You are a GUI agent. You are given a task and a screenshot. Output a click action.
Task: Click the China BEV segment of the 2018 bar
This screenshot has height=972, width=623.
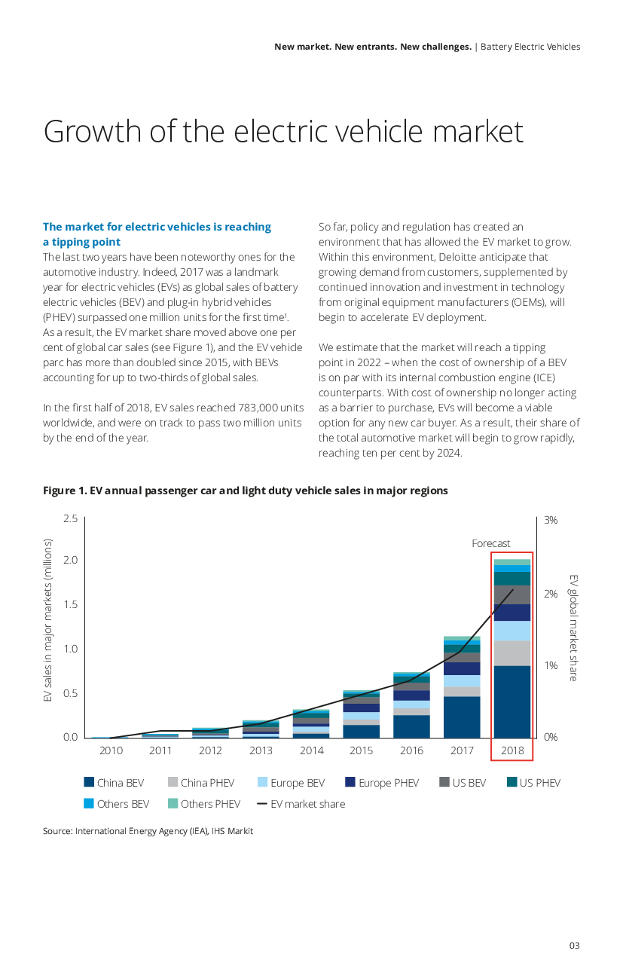pos(512,701)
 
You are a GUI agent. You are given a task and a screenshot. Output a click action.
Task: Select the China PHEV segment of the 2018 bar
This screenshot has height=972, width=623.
pos(512,653)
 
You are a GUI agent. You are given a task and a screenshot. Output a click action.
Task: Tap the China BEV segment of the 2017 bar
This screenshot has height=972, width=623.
pos(462,717)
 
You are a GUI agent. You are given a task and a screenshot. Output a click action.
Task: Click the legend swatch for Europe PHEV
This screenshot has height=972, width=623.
pos(350,783)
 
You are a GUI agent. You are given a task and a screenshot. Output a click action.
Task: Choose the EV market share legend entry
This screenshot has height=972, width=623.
pos(301,804)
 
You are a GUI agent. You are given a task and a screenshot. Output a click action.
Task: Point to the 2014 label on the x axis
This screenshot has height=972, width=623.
pos(311,750)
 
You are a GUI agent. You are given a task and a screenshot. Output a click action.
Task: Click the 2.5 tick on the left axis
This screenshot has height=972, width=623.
pos(69,518)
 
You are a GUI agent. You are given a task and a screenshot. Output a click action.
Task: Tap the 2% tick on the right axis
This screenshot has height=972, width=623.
pos(550,593)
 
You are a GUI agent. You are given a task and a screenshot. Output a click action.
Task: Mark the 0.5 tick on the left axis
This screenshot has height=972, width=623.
pos(69,693)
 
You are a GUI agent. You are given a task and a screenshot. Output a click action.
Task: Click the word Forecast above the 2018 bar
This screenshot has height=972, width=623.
pos(490,543)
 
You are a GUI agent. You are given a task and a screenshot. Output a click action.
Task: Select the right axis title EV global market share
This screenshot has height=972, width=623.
pos(573,627)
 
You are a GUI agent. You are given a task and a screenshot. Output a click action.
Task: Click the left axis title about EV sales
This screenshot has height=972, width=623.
pos(48,621)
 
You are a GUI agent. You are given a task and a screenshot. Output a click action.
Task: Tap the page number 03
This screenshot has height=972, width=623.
pos(574,946)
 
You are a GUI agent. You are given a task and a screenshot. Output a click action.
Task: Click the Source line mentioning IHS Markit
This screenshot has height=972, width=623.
pos(148,831)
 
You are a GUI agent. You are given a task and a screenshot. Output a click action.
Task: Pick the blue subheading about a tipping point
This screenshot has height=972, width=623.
pos(157,234)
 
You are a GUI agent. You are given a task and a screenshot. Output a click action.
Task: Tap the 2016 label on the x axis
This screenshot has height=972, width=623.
pos(411,750)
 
